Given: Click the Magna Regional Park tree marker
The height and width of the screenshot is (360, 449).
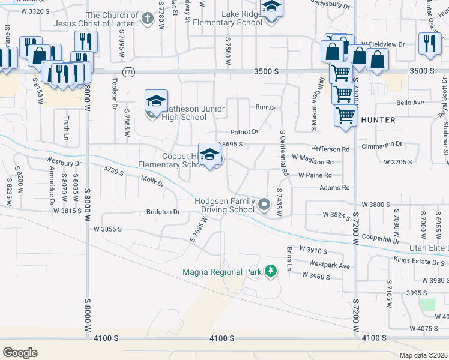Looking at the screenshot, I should point(271,271).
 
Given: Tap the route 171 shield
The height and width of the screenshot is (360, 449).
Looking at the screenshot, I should point(128,72).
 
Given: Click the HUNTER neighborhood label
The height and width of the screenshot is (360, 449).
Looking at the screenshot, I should point(378,120).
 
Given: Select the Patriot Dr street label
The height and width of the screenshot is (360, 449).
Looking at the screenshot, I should point(244,132).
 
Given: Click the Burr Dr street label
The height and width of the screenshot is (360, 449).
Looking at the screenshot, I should point(264,109).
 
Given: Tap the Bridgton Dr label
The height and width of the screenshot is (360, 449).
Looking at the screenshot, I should point(163,212).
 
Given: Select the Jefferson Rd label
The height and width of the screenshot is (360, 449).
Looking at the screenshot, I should point(330,149).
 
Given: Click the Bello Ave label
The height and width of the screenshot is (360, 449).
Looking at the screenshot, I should point(410,103).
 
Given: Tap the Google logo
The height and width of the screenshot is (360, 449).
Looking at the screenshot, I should point(20,352).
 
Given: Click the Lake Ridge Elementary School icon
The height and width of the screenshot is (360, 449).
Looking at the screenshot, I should point(272,9).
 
